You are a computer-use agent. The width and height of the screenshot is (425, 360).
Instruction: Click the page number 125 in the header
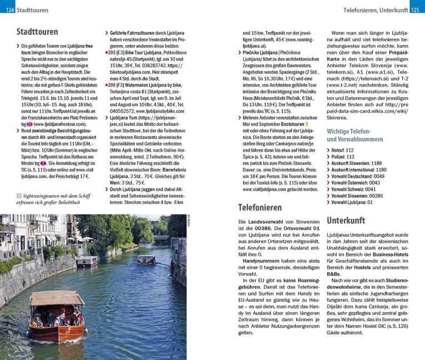click(417, 10)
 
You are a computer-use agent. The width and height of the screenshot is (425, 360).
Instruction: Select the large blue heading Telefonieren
click(259, 208)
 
